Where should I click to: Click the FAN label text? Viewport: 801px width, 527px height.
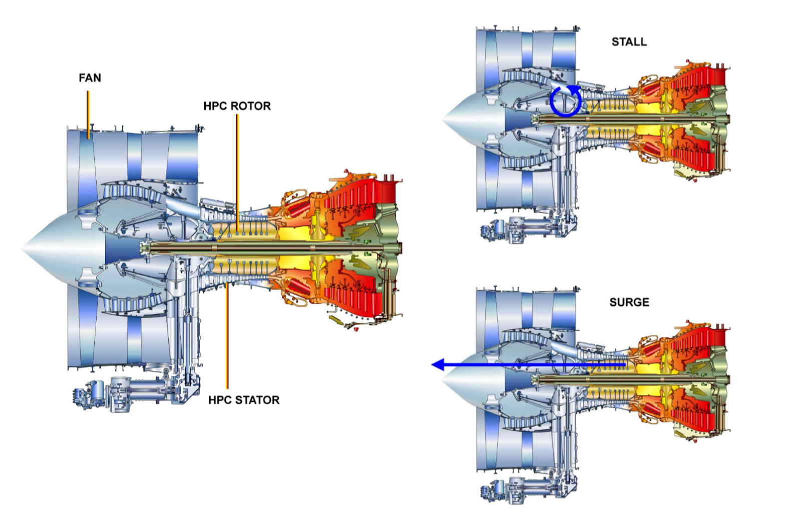click(90, 78)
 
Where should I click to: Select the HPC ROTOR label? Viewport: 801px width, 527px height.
click(237, 106)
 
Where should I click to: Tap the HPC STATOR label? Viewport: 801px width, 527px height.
click(244, 400)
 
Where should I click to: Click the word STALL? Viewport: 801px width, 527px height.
click(629, 42)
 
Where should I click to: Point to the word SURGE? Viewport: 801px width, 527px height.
click(629, 302)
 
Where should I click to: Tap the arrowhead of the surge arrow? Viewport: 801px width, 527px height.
click(438, 364)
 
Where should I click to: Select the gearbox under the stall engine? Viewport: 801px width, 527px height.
click(521, 230)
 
